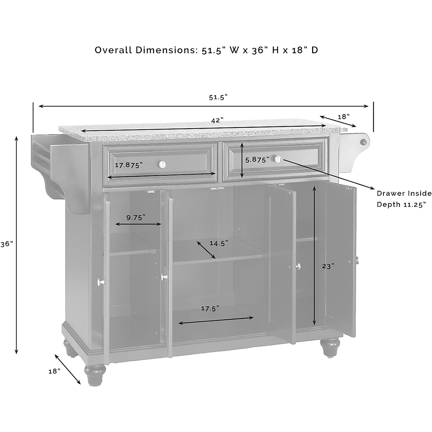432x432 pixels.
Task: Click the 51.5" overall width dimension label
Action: tap(219, 97)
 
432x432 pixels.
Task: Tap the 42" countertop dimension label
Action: tap(217, 121)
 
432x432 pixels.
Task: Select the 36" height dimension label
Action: tap(6, 244)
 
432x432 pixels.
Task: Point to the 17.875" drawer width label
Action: tap(129, 165)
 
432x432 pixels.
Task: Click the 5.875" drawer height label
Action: tap(257, 160)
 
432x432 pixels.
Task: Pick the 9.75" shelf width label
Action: tap(136, 217)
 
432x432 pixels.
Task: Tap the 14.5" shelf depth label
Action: tap(219, 243)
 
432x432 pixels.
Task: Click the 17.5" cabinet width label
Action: tap(210, 308)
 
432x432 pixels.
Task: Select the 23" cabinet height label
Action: tap(328, 266)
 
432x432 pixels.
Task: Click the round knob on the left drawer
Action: tap(163, 164)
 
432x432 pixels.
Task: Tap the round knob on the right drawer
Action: tap(278, 159)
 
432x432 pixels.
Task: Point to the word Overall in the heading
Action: tap(113, 50)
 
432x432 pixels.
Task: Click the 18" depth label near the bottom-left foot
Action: tap(54, 371)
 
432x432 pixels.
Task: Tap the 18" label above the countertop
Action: tap(343, 117)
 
